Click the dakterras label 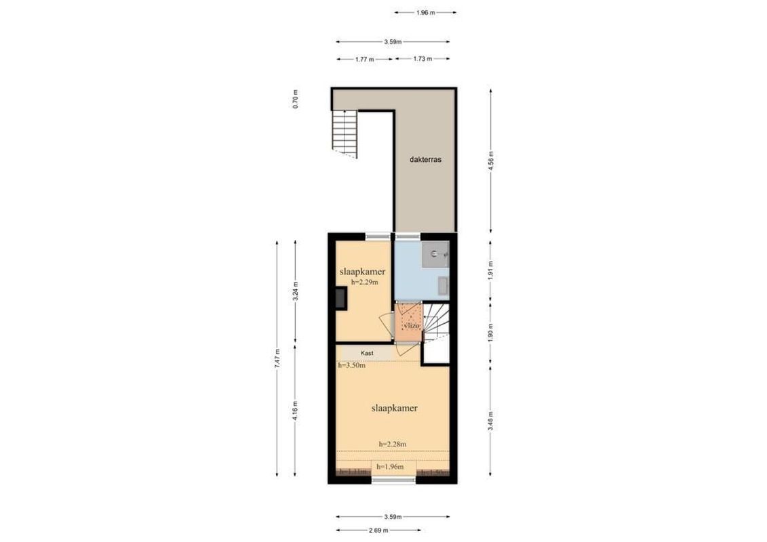[x=426, y=161]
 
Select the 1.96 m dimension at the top [x=425, y=12]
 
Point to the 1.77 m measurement [x=365, y=60]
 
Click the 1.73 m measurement [x=422, y=60]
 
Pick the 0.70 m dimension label [x=295, y=100]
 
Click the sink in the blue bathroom [x=435, y=255]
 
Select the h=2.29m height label [x=364, y=282]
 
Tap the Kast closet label [x=367, y=353]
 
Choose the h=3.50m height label [x=351, y=366]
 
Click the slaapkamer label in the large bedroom [x=393, y=409]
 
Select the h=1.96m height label [x=390, y=467]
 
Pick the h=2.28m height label [x=392, y=444]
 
